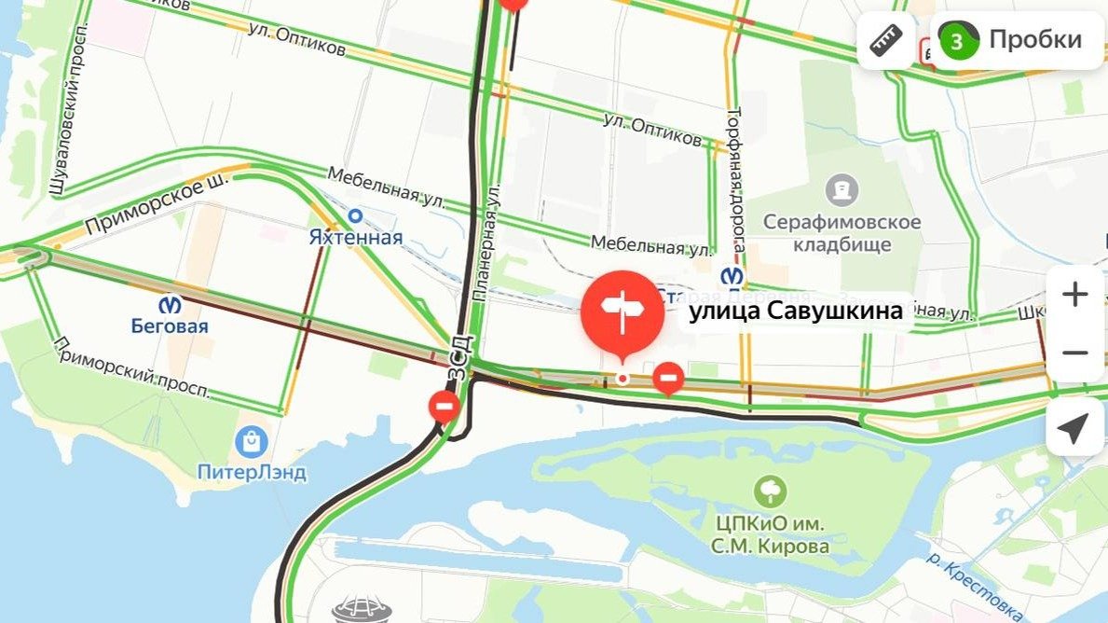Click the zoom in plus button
[x=1075, y=295]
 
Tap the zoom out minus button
[x=1075, y=353]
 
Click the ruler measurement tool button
[x=885, y=40]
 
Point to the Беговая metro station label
[x=169, y=325]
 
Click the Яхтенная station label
[x=355, y=237]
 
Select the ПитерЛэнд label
[x=252, y=472]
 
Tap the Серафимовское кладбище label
[x=841, y=233]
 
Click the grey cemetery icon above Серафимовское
[x=841, y=190]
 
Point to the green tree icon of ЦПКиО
[x=771, y=491]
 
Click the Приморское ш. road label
[x=144, y=207]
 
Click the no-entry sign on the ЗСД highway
[x=445, y=406]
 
